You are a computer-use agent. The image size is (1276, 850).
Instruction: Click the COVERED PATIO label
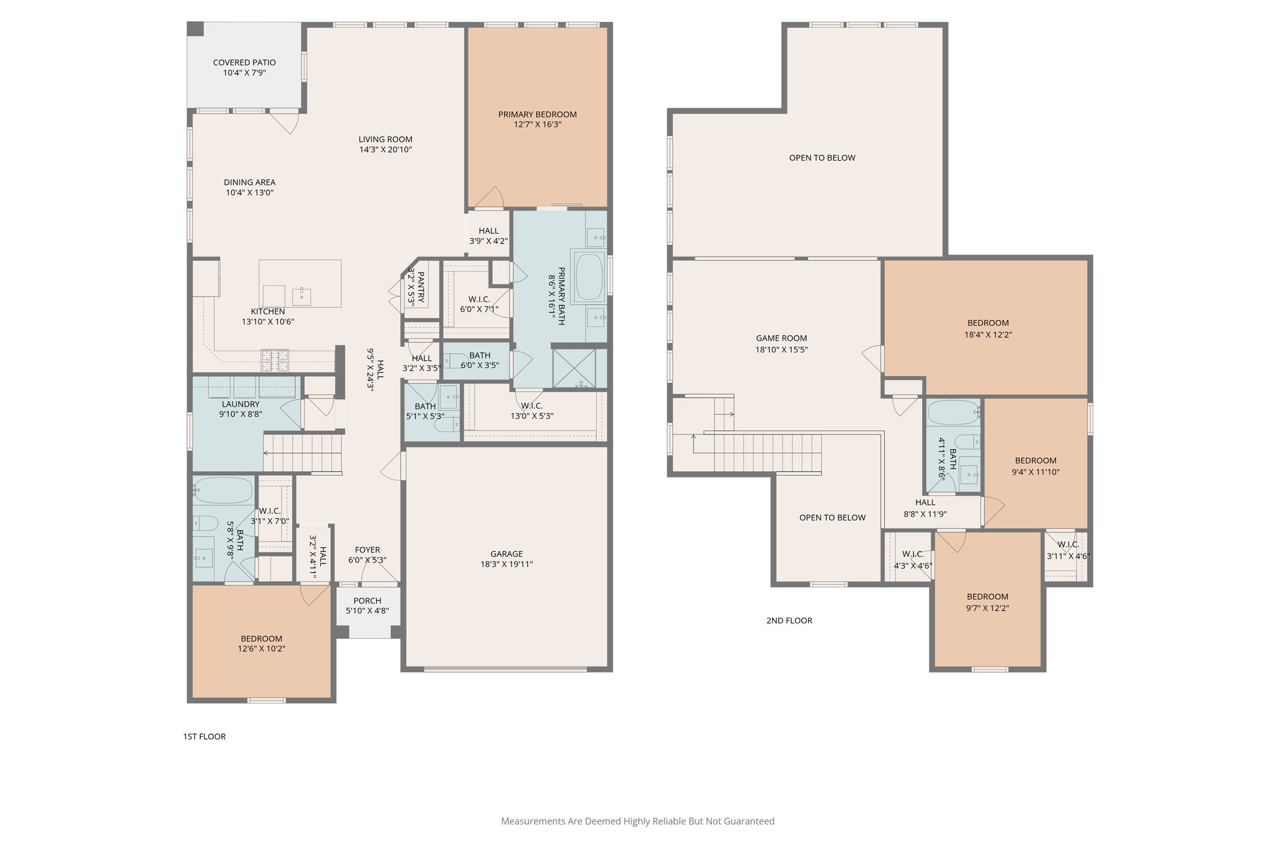click(244, 62)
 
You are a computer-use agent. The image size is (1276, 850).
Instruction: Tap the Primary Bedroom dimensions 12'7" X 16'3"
click(537, 125)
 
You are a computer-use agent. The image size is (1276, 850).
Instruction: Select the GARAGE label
click(506, 554)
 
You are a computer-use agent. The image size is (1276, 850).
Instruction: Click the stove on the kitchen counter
click(275, 357)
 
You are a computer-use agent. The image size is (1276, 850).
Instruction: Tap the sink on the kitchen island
click(302, 294)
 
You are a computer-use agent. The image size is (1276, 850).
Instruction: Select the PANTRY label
click(421, 287)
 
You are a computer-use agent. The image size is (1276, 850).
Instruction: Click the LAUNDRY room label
click(240, 404)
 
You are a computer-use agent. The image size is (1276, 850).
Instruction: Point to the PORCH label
click(368, 601)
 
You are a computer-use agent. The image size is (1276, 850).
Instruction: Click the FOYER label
click(368, 550)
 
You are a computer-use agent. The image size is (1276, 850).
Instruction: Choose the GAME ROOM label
click(781, 339)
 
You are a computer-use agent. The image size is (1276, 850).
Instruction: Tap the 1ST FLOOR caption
click(204, 737)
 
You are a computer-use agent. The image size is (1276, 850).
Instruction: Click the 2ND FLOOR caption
click(789, 620)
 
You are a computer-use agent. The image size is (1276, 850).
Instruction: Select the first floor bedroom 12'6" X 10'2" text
click(262, 649)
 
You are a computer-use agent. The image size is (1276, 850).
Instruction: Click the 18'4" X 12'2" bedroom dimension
click(988, 334)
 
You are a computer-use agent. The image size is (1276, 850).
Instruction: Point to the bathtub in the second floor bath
click(953, 412)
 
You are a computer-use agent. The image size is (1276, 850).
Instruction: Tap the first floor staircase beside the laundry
click(303, 453)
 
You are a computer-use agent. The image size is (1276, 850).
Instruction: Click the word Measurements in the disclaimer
click(533, 821)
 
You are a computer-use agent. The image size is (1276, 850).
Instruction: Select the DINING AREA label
click(249, 182)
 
